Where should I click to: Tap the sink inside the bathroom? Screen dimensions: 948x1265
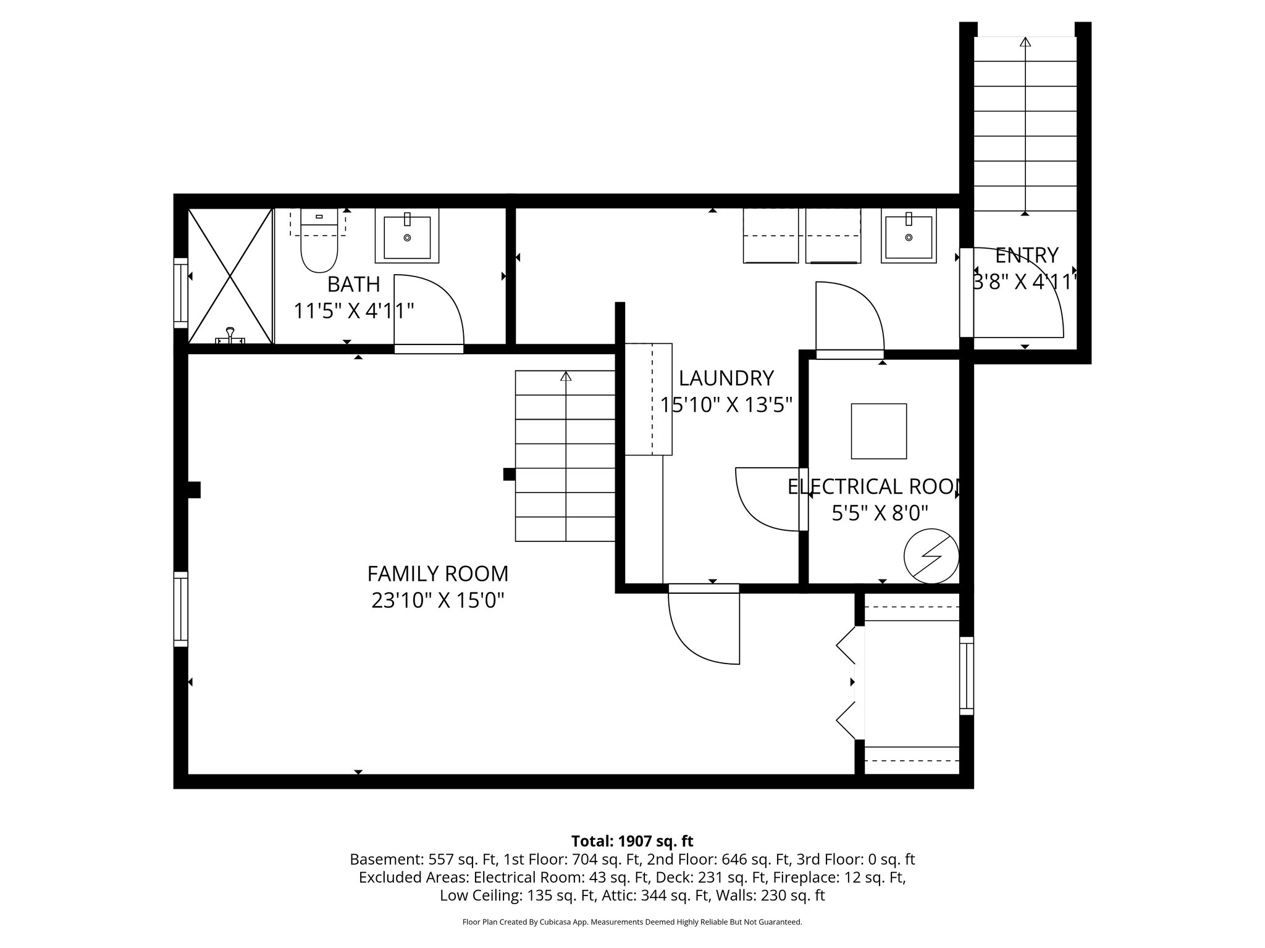(x=407, y=236)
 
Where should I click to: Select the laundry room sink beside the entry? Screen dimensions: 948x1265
(x=908, y=236)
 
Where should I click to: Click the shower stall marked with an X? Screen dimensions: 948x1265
(x=230, y=276)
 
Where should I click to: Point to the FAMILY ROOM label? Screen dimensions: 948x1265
(x=437, y=574)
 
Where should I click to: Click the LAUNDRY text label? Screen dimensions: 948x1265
(x=726, y=378)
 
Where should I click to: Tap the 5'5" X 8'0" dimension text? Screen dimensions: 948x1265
(x=880, y=513)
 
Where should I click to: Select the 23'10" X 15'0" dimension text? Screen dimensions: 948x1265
(x=438, y=601)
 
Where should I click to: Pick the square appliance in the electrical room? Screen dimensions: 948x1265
(x=878, y=431)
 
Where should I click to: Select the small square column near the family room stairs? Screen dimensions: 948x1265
(x=509, y=474)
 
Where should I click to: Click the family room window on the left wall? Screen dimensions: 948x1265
(x=180, y=609)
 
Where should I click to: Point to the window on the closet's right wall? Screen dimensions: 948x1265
(x=966, y=676)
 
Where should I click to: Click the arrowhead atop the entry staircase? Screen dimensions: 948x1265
(x=1025, y=42)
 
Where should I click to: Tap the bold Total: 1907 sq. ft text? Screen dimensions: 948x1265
(x=632, y=841)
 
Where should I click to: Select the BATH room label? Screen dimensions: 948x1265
(x=353, y=285)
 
